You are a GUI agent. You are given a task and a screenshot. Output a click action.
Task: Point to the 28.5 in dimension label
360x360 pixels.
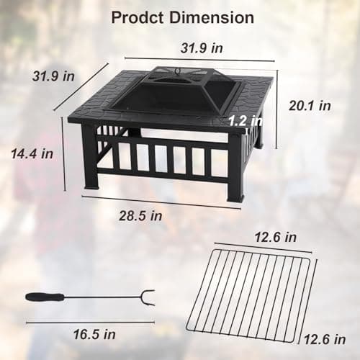click(141, 215)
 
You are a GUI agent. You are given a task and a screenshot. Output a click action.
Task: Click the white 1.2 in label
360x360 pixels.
click(245, 121)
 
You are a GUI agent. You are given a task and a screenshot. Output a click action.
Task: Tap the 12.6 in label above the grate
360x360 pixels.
click(274, 237)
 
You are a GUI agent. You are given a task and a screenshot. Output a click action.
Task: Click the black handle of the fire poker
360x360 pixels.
click(44, 296)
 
